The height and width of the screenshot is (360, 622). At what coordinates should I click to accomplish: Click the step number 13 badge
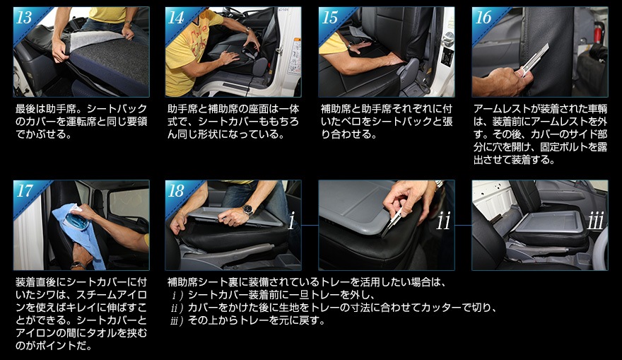click(x=24, y=18)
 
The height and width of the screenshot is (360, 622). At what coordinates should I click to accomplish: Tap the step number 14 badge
click(x=176, y=18)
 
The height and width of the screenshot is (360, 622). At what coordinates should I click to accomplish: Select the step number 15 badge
click(x=329, y=18)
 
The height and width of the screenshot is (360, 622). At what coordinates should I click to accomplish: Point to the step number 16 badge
click(x=483, y=18)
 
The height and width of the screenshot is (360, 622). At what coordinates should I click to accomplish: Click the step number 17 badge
click(x=24, y=191)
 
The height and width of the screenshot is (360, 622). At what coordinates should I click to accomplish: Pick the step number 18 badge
click(x=176, y=191)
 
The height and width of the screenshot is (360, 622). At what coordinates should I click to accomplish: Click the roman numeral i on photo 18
click(x=291, y=221)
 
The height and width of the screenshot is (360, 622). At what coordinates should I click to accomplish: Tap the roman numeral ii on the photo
click(x=443, y=221)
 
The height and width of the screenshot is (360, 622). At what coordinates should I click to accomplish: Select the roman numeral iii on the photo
click(x=596, y=221)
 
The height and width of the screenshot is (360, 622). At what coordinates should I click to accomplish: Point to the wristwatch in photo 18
click(x=248, y=210)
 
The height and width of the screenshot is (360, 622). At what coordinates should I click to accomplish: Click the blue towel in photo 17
click(x=83, y=234)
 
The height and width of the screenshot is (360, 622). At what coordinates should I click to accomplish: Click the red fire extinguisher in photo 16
click(x=599, y=30)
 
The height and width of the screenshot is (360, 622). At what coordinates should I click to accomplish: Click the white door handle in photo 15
click(x=448, y=40)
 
